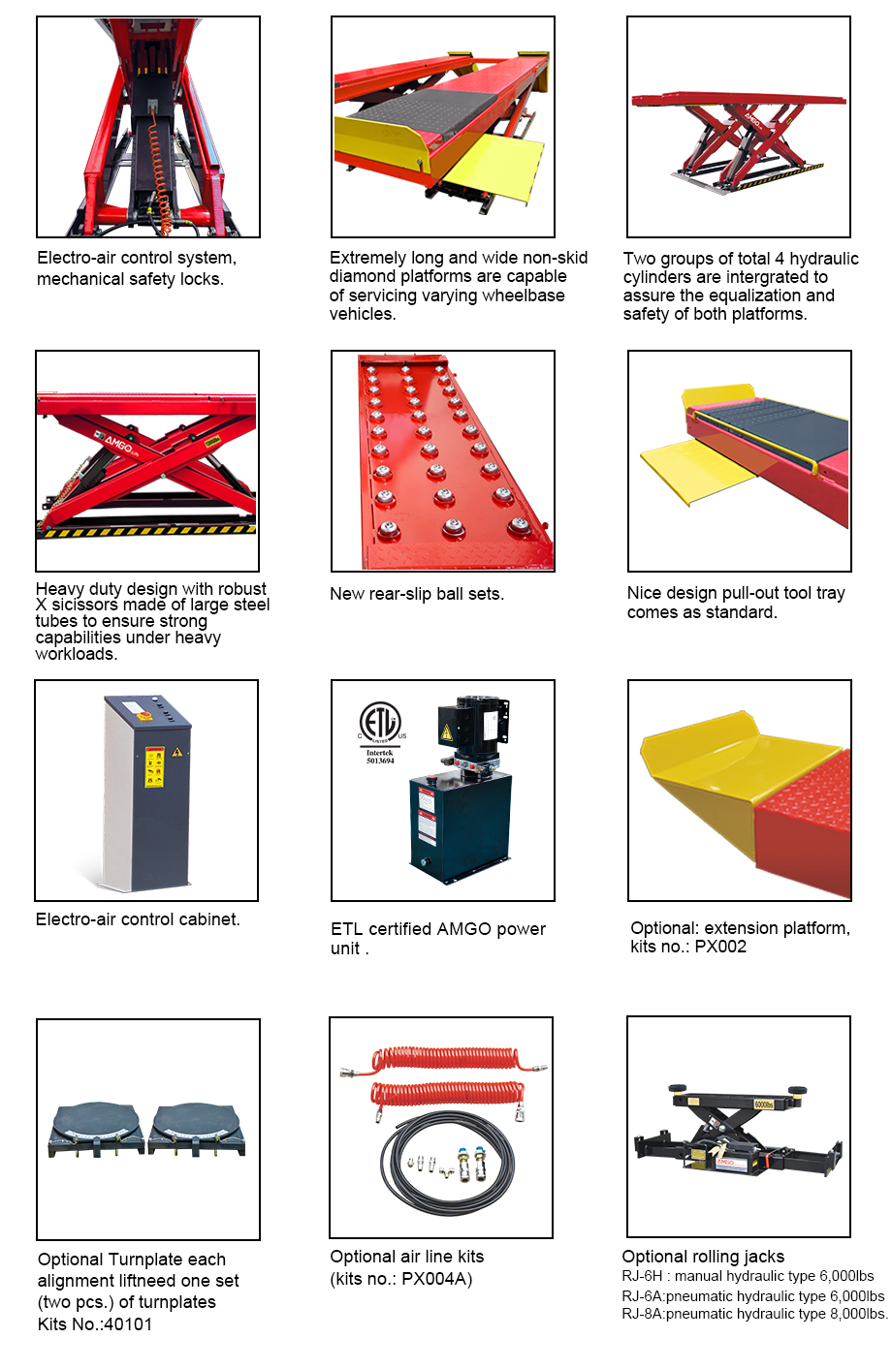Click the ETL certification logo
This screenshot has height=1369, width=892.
(380, 723)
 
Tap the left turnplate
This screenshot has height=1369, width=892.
(96, 1130)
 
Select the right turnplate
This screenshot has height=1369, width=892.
(198, 1130)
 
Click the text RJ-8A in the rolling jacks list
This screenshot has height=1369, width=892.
(642, 1314)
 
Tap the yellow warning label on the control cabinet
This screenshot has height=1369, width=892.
(154, 765)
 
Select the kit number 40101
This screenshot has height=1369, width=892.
(128, 1324)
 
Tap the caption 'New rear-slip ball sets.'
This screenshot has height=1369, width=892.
(417, 594)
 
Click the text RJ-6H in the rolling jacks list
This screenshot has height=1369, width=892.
(642, 1276)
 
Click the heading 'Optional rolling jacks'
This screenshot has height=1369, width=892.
(703, 1257)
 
